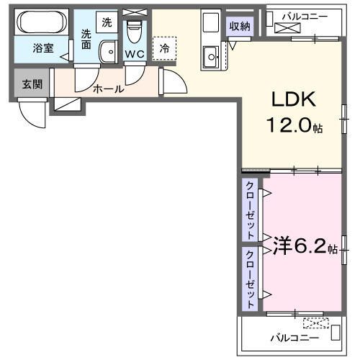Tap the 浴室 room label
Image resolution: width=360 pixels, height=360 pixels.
[x=42, y=48]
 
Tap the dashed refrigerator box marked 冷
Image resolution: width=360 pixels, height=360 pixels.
[x=165, y=48]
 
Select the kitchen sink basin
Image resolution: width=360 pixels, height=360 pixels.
[x=211, y=54]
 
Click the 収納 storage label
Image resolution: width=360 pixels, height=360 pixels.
[x=240, y=27]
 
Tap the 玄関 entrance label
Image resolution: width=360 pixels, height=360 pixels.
[x=32, y=84]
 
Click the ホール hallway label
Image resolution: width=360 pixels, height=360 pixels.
[x=109, y=89]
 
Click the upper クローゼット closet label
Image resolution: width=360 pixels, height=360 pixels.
[x=250, y=210]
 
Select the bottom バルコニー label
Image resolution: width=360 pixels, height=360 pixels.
[x=293, y=336]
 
